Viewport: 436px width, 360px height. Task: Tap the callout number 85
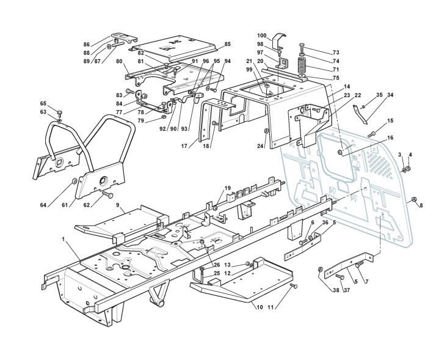227,44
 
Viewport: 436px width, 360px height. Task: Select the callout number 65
43,103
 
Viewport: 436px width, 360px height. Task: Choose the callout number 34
390,95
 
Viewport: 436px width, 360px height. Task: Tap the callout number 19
227,188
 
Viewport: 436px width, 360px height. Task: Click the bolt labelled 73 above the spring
302,47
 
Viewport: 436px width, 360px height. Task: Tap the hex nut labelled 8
413,200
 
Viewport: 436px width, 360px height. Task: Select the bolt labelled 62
107,194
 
